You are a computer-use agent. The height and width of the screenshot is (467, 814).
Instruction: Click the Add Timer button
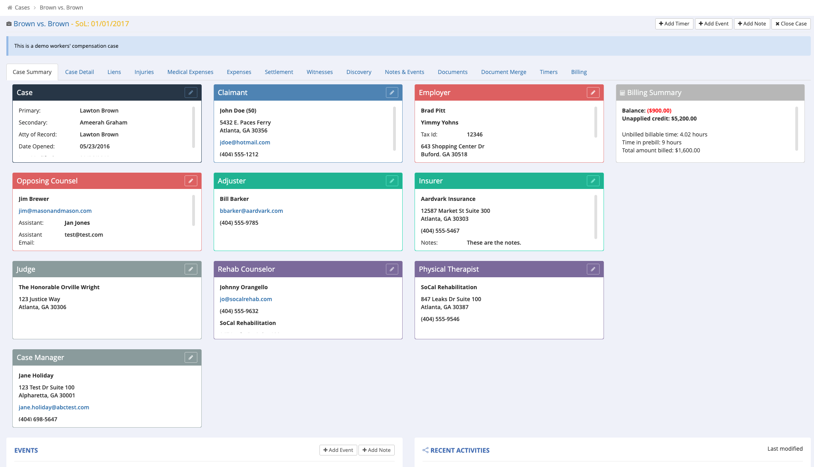click(x=674, y=24)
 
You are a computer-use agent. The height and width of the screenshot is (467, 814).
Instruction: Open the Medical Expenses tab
click(x=190, y=72)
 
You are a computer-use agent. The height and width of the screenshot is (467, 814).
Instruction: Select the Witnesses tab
click(x=319, y=72)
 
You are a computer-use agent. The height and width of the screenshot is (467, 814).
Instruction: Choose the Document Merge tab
click(x=503, y=72)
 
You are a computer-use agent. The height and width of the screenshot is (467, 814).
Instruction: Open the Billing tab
click(x=579, y=72)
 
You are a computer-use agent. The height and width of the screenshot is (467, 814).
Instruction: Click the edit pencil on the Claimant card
click(x=392, y=93)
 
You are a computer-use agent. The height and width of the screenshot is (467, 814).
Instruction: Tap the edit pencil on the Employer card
click(x=593, y=93)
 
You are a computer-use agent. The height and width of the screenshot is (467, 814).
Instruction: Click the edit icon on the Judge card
click(x=191, y=269)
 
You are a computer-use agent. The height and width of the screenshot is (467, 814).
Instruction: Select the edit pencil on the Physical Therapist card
click(x=593, y=269)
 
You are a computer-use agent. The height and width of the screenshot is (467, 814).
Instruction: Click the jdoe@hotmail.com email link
click(x=245, y=142)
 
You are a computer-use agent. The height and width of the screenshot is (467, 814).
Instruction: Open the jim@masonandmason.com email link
click(x=55, y=211)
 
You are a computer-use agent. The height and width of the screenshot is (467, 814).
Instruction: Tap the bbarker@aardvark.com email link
click(x=251, y=211)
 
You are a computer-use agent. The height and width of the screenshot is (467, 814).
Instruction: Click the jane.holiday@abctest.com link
click(x=54, y=407)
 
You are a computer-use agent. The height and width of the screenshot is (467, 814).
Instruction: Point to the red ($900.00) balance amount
click(x=659, y=111)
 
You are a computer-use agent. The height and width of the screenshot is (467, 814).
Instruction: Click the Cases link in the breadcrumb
click(x=22, y=8)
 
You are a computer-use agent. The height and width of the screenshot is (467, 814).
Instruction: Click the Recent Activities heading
click(x=460, y=450)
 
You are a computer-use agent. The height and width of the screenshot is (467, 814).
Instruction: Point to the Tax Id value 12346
click(x=475, y=134)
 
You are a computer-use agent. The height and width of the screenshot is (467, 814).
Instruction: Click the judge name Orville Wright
click(x=59, y=287)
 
